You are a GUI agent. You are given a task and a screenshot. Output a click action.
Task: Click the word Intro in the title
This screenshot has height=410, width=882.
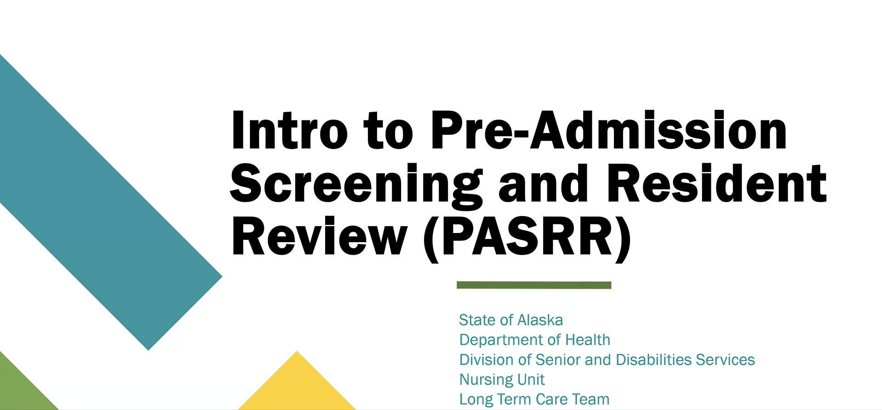[x=290, y=131]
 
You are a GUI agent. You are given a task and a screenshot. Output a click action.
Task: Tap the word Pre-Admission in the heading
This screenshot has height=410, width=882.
[x=609, y=131]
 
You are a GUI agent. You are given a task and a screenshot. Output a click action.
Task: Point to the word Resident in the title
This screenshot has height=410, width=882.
[x=716, y=183]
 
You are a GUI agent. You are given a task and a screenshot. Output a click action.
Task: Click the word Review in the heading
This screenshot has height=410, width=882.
[x=320, y=236]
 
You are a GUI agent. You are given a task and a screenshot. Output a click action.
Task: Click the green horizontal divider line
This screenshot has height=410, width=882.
[x=534, y=285]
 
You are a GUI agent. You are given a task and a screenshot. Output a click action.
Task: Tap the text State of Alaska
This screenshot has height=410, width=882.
[x=511, y=320]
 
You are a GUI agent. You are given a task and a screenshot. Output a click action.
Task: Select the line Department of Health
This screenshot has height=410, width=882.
[x=535, y=340]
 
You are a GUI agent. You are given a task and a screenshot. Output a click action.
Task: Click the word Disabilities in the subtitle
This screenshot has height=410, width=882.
[x=653, y=359]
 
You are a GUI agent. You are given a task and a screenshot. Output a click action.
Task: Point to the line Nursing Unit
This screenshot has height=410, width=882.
[x=502, y=380]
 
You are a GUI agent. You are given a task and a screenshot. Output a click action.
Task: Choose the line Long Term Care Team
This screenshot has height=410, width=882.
[x=534, y=399]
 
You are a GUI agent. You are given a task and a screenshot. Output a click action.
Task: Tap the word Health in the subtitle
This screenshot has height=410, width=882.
[x=588, y=340]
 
